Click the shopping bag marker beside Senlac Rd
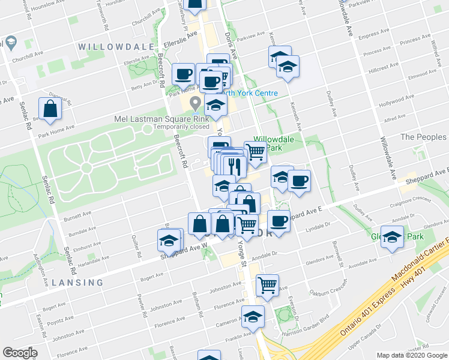pos(50,109)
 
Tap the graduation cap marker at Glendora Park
pos(392,238)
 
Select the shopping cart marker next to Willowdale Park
pos(256,152)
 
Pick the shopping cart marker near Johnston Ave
pos(267,285)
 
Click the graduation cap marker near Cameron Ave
pos(253,316)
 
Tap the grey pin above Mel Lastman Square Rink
pos(195,104)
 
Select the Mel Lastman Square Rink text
pos(162,119)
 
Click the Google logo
pos(20,353)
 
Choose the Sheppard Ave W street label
pos(187,247)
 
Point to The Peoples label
pos(423,137)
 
